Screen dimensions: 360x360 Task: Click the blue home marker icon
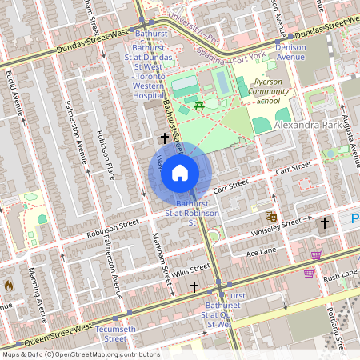point(180,172)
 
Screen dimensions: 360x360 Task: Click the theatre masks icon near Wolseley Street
point(271,216)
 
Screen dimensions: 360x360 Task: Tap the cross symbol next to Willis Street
point(194,286)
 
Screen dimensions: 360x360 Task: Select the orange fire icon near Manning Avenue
point(9,284)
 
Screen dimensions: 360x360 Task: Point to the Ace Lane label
point(261,253)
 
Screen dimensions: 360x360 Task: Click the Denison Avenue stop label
point(290,51)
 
